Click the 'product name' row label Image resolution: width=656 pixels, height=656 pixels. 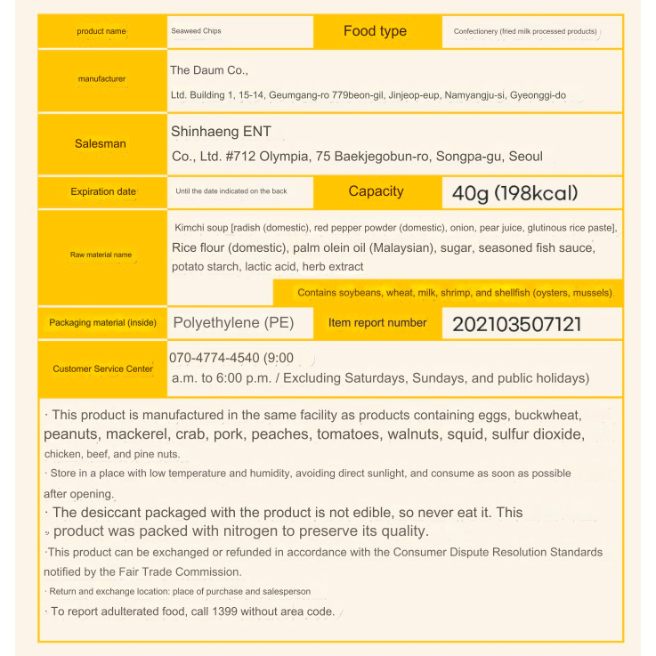(101, 31)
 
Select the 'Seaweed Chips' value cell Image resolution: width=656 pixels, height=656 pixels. (196, 31)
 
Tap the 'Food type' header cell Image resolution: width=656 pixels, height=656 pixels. (375, 31)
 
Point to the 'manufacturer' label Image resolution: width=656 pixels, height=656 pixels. (101, 79)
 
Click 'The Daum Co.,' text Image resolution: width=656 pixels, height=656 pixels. (210, 70)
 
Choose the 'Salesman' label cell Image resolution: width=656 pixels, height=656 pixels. (101, 143)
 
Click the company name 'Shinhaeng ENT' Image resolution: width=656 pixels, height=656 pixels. (221, 132)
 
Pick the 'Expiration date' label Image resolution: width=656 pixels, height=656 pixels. (103, 191)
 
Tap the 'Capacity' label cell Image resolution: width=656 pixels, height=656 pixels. (376, 191)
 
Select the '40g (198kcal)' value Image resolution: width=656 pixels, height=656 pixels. (515, 192)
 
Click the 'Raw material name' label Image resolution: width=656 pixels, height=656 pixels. (101, 255)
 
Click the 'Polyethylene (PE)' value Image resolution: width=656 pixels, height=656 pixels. (233, 322)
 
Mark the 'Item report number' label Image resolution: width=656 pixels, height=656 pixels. (377, 323)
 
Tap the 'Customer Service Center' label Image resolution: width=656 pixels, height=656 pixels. (102, 368)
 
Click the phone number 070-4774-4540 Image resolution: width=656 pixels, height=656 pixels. (215, 359)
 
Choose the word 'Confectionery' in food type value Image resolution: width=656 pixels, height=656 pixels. (482, 32)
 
